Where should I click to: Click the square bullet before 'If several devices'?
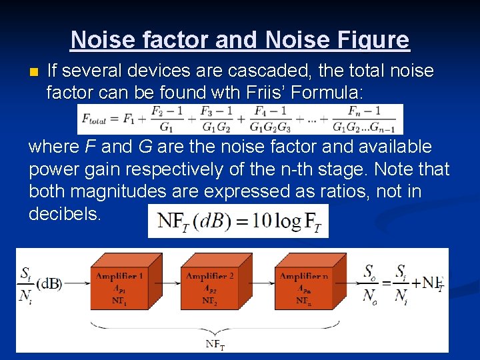click(x=34, y=71)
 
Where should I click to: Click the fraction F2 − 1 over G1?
click(x=167, y=119)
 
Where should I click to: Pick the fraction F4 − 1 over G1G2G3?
click(x=270, y=119)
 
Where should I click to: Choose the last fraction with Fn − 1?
click(x=364, y=119)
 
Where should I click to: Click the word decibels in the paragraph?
click(x=65, y=214)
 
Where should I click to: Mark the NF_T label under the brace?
click(x=215, y=345)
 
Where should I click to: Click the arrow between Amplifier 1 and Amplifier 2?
click(x=170, y=283)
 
